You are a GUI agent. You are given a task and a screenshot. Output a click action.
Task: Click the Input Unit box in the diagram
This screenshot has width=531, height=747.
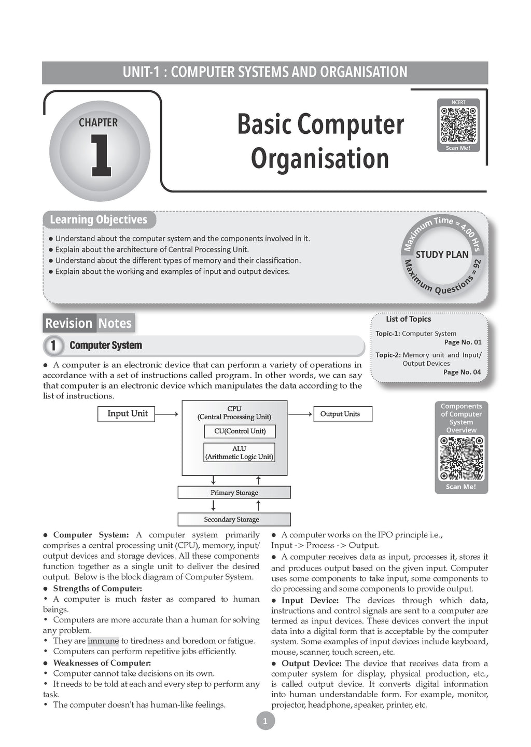point(127,414)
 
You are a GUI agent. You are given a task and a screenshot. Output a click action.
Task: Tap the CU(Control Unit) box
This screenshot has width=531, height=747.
point(239,431)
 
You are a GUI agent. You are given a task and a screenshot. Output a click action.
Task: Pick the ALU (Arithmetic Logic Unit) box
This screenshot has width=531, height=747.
point(239,452)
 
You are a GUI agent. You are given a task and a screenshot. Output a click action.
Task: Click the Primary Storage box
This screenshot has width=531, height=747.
point(234,492)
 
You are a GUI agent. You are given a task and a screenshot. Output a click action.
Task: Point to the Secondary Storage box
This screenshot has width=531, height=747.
point(234,519)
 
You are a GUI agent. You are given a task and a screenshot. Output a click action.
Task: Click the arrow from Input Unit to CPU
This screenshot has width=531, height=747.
point(166,414)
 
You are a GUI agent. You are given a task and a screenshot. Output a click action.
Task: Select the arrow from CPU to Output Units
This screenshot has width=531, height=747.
point(300,414)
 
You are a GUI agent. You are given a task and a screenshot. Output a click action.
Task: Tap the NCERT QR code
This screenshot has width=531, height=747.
point(458,125)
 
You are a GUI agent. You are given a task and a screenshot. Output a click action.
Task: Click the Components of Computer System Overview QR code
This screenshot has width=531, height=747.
point(461,458)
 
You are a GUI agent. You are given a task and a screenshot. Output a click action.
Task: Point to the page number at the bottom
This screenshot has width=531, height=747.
point(265,721)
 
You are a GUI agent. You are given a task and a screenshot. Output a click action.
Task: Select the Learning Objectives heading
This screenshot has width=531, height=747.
point(99,220)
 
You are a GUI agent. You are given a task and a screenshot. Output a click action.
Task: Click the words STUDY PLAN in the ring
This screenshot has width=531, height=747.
point(442,255)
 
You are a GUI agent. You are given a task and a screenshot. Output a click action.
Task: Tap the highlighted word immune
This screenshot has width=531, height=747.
point(103,641)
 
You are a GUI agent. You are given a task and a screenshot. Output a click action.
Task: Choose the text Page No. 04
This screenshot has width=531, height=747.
point(462,372)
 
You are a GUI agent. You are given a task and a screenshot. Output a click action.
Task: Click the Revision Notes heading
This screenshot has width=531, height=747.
point(88,323)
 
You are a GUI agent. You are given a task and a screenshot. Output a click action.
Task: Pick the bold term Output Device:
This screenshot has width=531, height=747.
point(311,663)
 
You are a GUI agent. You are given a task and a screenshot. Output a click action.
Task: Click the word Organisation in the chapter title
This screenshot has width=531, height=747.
point(319,159)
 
